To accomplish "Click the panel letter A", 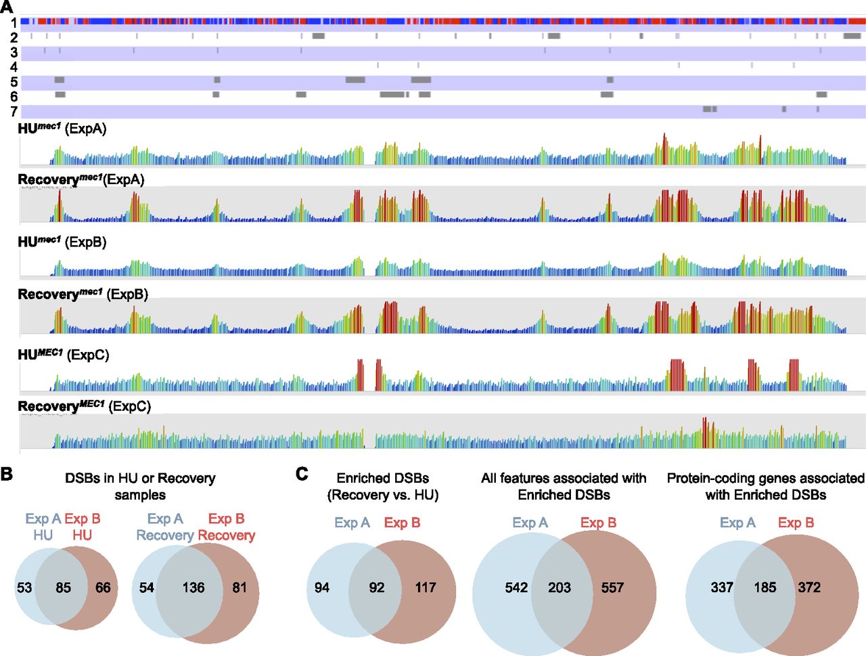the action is point(7,7).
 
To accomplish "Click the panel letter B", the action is point(6,474).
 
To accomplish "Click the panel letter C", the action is point(302,474).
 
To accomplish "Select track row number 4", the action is point(14,67).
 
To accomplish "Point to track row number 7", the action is point(14,111).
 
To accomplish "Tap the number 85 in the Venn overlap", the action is point(63,588).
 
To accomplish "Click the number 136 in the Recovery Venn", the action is point(193,588).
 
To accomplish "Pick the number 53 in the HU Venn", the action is point(24,588).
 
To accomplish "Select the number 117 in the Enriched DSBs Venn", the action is point(426,588).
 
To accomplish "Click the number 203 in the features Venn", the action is point(560,588).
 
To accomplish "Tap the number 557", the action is point(612,588).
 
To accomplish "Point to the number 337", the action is point(722,588).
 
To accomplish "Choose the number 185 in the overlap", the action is point(765,588).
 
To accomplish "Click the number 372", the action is point(809,588).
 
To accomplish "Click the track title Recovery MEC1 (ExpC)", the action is point(85,406).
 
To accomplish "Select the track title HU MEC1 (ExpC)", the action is point(64,355).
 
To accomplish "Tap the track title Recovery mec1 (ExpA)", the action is point(81,179).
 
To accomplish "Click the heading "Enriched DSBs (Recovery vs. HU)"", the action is point(383,486).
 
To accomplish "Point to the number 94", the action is point(322,588).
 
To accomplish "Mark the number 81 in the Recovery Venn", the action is point(240,588).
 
